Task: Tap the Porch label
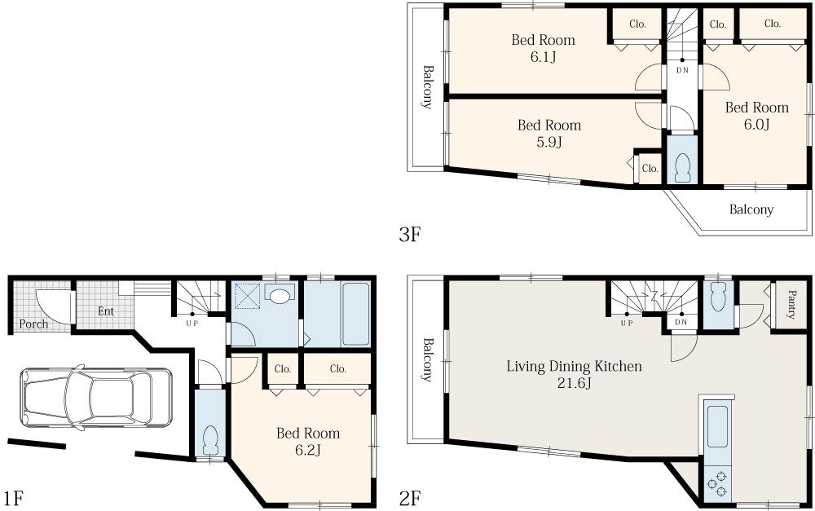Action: point(33,324)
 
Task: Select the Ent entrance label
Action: point(105,311)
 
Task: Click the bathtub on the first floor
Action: point(355,314)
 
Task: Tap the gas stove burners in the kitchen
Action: point(717,482)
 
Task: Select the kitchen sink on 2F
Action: point(717,426)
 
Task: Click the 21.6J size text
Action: point(575,384)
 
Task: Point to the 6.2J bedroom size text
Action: point(308,450)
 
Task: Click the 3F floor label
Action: point(409,235)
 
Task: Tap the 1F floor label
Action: point(13,499)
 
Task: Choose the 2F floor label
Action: point(410,499)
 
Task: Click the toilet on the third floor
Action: point(682,168)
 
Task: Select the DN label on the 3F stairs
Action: point(682,70)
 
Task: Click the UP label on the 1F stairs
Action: point(192,323)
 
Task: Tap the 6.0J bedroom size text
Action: point(756,124)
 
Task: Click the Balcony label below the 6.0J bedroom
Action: point(751,209)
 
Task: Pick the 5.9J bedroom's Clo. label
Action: point(650,169)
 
